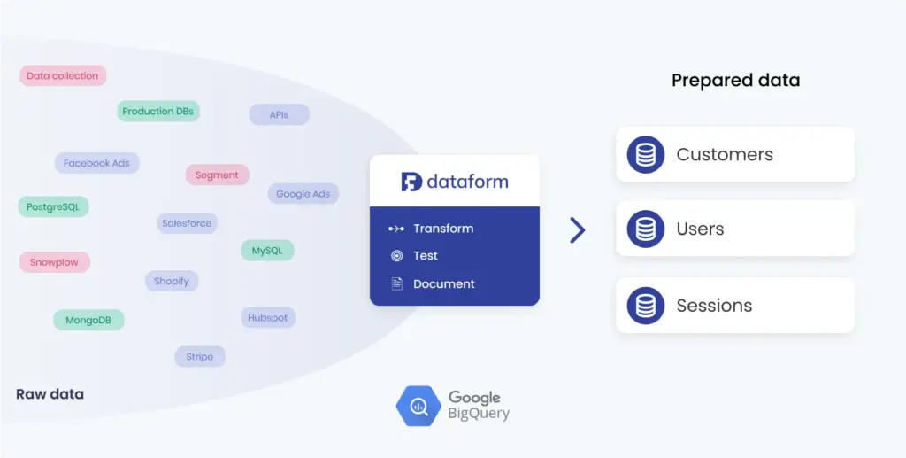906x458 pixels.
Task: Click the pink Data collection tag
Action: point(63,76)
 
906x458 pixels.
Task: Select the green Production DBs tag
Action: point(158,112)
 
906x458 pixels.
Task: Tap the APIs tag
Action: point(279,115)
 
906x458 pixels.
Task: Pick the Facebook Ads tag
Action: point(96,163)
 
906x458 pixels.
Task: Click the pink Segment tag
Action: point(217,175)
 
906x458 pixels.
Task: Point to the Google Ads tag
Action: point(303,194)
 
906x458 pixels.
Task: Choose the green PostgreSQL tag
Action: point(53,207)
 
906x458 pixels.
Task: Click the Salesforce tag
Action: point(187,224)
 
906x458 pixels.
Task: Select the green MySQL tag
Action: point(267,251)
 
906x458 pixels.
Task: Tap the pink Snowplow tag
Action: point(55,263)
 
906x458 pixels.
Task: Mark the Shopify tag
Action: point(172,282)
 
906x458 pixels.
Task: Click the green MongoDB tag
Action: point(88,320)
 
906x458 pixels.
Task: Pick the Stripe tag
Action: point(200,357)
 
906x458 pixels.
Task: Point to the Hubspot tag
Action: point(267,318)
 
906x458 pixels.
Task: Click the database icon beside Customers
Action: point(646,155)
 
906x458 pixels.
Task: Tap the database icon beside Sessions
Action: point(646,306)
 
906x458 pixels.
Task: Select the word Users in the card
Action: point(700,229)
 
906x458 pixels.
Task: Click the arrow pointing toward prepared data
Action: point(578,230)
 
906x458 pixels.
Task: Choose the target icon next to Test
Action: point(396,256)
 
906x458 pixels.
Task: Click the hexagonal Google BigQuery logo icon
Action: point(418,407)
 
